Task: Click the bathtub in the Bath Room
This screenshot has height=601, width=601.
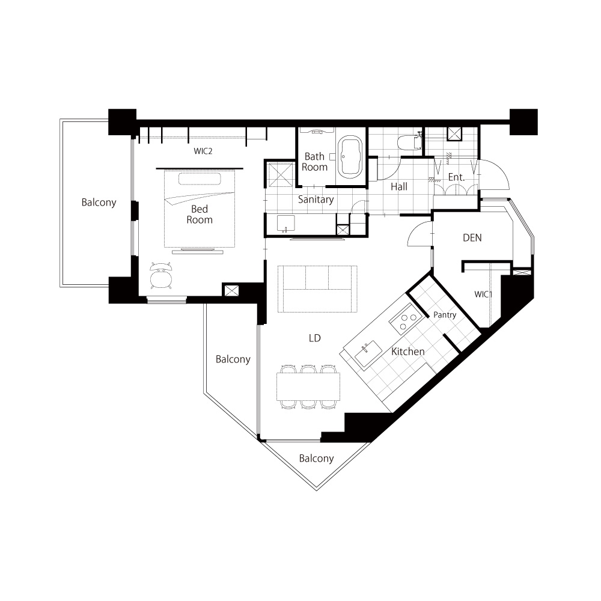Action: [350, 156]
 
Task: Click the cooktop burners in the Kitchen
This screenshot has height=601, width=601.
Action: [406, 319]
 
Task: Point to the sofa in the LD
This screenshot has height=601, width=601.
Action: [317, 288]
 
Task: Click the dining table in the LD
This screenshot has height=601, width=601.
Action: [308, 386]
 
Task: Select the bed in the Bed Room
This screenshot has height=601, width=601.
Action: [200, 209]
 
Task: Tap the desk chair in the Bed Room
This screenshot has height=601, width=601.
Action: [161, 276]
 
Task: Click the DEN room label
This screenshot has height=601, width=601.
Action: [472, 237]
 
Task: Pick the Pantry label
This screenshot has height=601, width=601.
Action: [445, 315]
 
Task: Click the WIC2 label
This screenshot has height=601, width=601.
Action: [203, 151]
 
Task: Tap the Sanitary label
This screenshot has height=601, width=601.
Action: [316, 200]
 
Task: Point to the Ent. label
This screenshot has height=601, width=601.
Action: [456, 177]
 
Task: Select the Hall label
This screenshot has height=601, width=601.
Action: [399, 187]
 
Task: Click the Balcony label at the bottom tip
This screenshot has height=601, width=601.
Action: [316, 459]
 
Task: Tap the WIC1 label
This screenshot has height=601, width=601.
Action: [483, 294]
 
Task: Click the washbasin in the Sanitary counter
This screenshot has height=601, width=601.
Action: [285, 224]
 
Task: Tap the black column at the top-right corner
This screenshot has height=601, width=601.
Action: [523, 122]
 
